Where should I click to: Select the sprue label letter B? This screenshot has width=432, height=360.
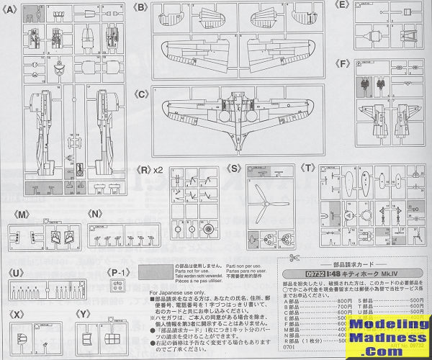click(141, 6)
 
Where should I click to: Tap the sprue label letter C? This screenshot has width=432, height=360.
click(141, 93)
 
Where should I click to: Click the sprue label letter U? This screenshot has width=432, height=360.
click(15, 272)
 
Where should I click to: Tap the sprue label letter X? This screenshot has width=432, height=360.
click(15, 315)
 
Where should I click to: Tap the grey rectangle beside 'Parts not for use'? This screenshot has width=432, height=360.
click(153, 273)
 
